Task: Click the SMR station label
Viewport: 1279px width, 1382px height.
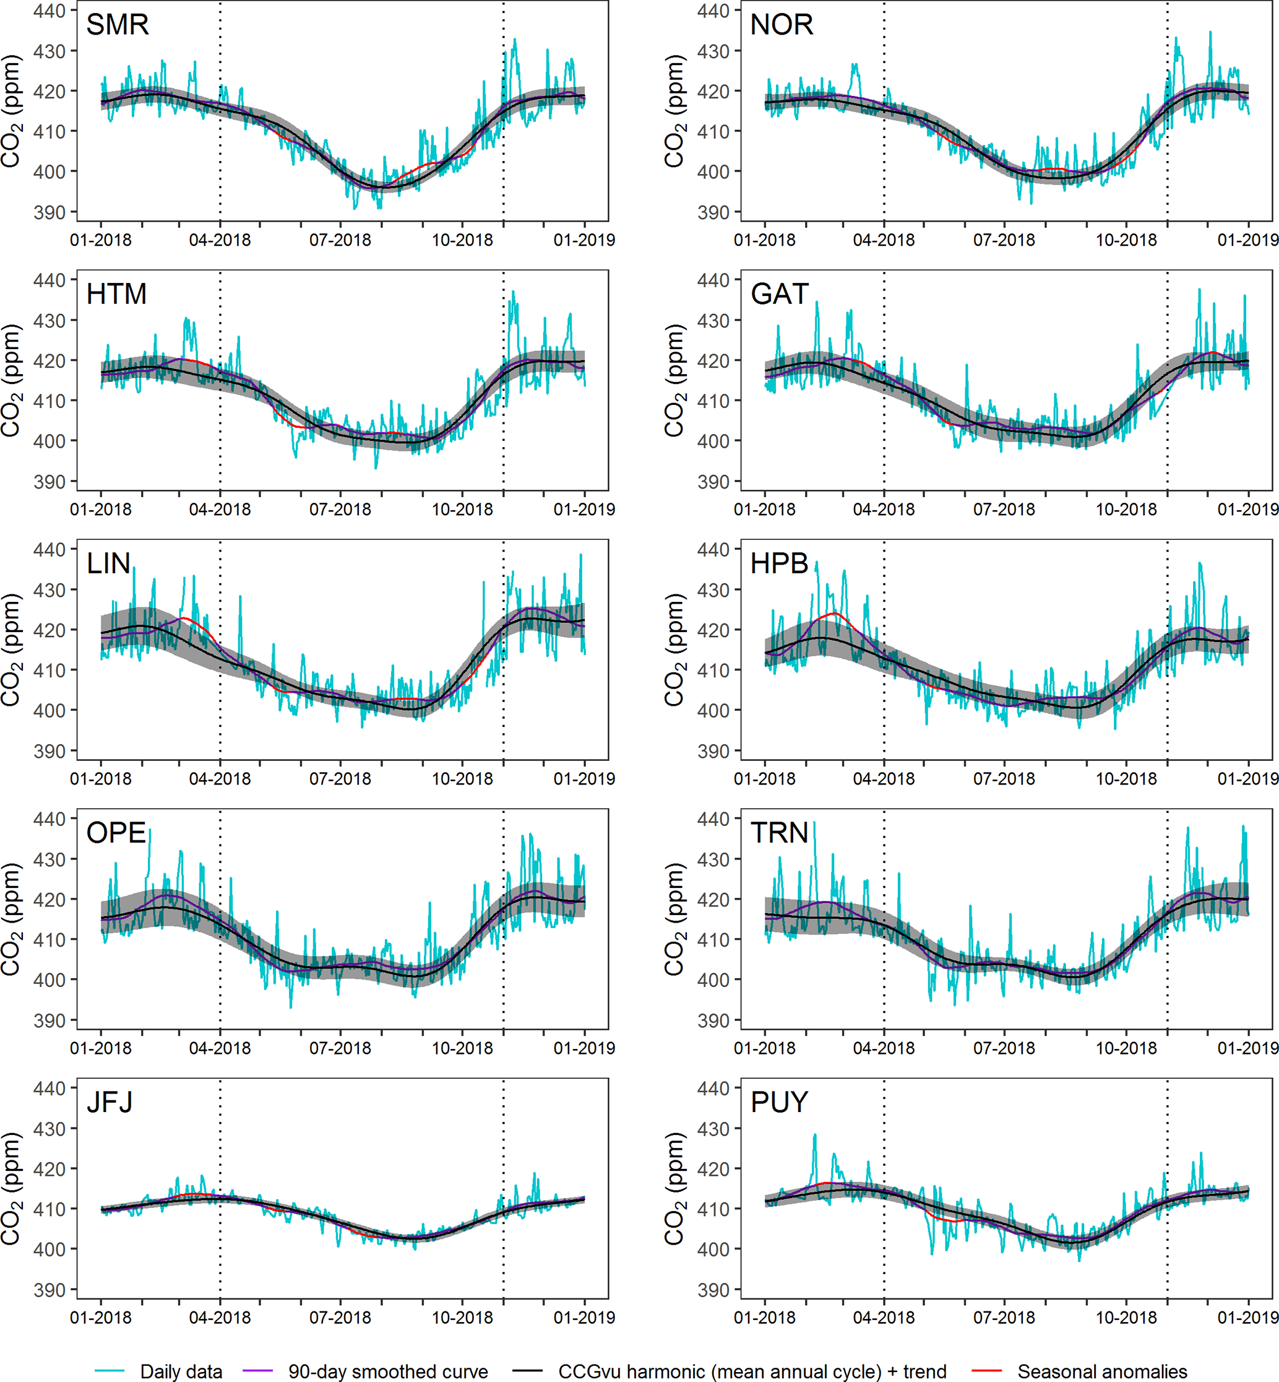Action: click(117, 25)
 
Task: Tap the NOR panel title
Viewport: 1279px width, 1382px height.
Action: click(782, 25)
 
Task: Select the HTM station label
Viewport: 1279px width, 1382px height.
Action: click(116, 294)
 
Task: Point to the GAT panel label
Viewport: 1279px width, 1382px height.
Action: click(779, 294)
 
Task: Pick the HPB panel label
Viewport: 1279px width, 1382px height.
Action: click(779, 563)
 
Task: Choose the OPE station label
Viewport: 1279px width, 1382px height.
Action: click(116, 833)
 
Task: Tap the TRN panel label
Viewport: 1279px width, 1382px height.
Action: click(779, 833)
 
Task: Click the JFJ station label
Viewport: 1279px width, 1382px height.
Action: click(110, 1102)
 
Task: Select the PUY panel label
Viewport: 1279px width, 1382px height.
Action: click(779, 1102)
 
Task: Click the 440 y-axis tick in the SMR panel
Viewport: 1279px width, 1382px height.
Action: click(50, 11)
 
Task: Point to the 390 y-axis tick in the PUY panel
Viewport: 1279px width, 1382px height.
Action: click(713, 1290)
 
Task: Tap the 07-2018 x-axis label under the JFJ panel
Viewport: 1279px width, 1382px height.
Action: click(340, 1318)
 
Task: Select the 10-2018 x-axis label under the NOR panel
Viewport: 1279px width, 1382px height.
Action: click(1126, 240)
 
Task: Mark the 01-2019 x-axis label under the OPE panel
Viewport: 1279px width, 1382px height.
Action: click(584, 1048)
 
